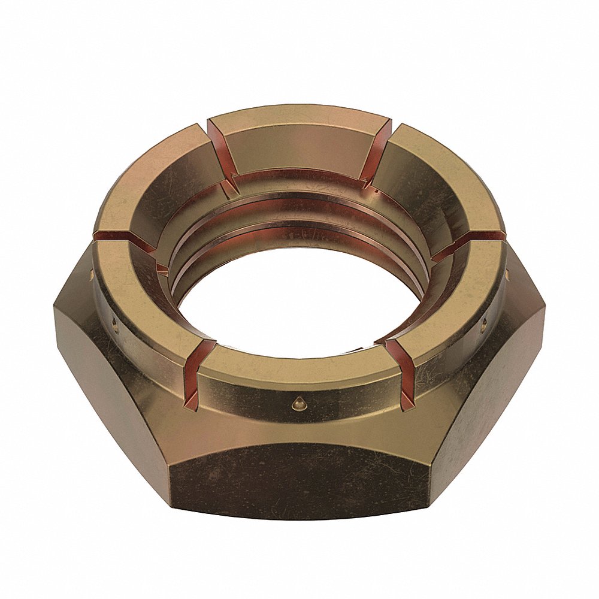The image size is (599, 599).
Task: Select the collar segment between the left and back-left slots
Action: [x=153, y=180]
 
